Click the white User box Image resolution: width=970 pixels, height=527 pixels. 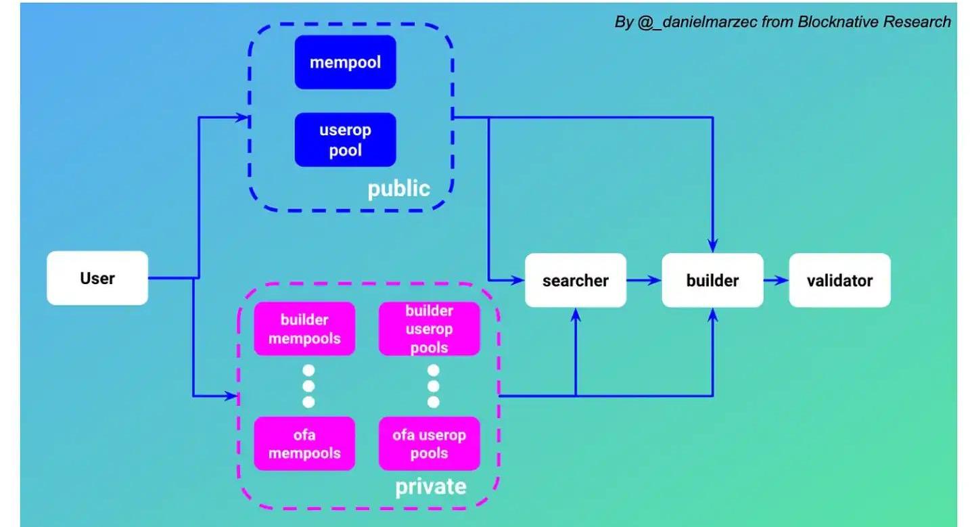point(97,278)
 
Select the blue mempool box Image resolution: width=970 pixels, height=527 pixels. point(345,62)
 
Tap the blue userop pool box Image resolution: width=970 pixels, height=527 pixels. point(345,139)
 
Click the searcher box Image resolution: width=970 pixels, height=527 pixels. point(576,280)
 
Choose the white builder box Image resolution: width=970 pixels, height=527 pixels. point(712,280)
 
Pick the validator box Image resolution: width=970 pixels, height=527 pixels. point(839,280)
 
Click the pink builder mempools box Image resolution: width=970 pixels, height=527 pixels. point(304,328)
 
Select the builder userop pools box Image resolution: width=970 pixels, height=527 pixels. point(429,329)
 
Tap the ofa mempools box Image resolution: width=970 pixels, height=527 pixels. point(304,444)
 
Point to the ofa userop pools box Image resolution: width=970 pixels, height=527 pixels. point(429,444)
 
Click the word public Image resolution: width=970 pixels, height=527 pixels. point(398,189)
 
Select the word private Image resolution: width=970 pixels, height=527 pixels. point(430,486)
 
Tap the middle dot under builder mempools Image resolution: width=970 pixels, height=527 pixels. point(309,386)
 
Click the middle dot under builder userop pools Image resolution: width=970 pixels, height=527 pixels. point(434,386)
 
